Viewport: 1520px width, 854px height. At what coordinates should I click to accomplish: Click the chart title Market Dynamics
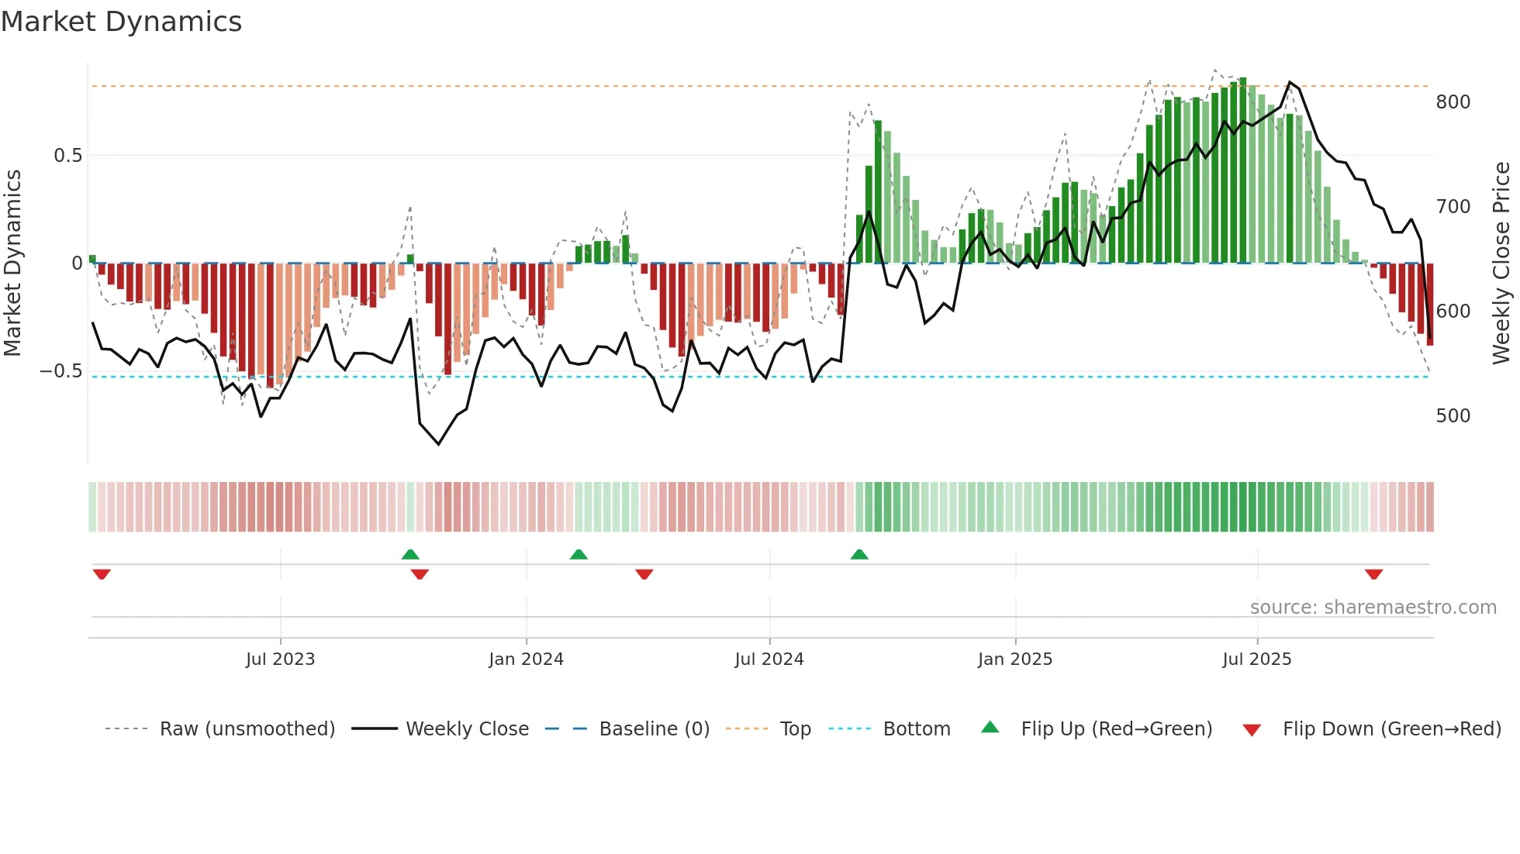coord(121,22)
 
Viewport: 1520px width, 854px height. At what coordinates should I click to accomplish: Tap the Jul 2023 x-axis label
coord(280,659)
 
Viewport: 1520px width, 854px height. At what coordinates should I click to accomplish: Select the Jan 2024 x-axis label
coord(526,659)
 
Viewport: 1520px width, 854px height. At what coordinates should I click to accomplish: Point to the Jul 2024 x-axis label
coord(769,659)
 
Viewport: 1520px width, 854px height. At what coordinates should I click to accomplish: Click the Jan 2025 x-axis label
coord(1014,659)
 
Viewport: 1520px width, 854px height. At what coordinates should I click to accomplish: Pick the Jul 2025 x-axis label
coord(1256,659)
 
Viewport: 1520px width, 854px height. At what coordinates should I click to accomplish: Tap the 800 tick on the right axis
coord(1453,102)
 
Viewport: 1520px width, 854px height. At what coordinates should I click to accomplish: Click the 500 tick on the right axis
coord(1453,416)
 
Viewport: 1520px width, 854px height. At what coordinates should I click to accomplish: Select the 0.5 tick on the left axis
coord(67,156)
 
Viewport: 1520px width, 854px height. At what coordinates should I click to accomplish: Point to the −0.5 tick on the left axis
coord(60,371)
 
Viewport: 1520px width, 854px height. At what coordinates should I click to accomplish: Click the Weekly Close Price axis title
coord(1501,263)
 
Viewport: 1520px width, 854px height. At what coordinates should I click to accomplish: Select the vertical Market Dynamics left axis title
coord(12,263)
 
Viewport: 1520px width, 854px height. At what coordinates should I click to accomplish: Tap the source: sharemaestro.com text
coord(1373,608)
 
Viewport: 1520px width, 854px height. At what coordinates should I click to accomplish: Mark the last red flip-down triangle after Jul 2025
coord(1373,574)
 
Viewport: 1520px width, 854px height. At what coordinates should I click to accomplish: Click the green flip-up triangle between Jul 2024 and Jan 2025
coord(858,554)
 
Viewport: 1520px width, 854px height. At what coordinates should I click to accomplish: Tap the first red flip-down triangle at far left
coord(102,574)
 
